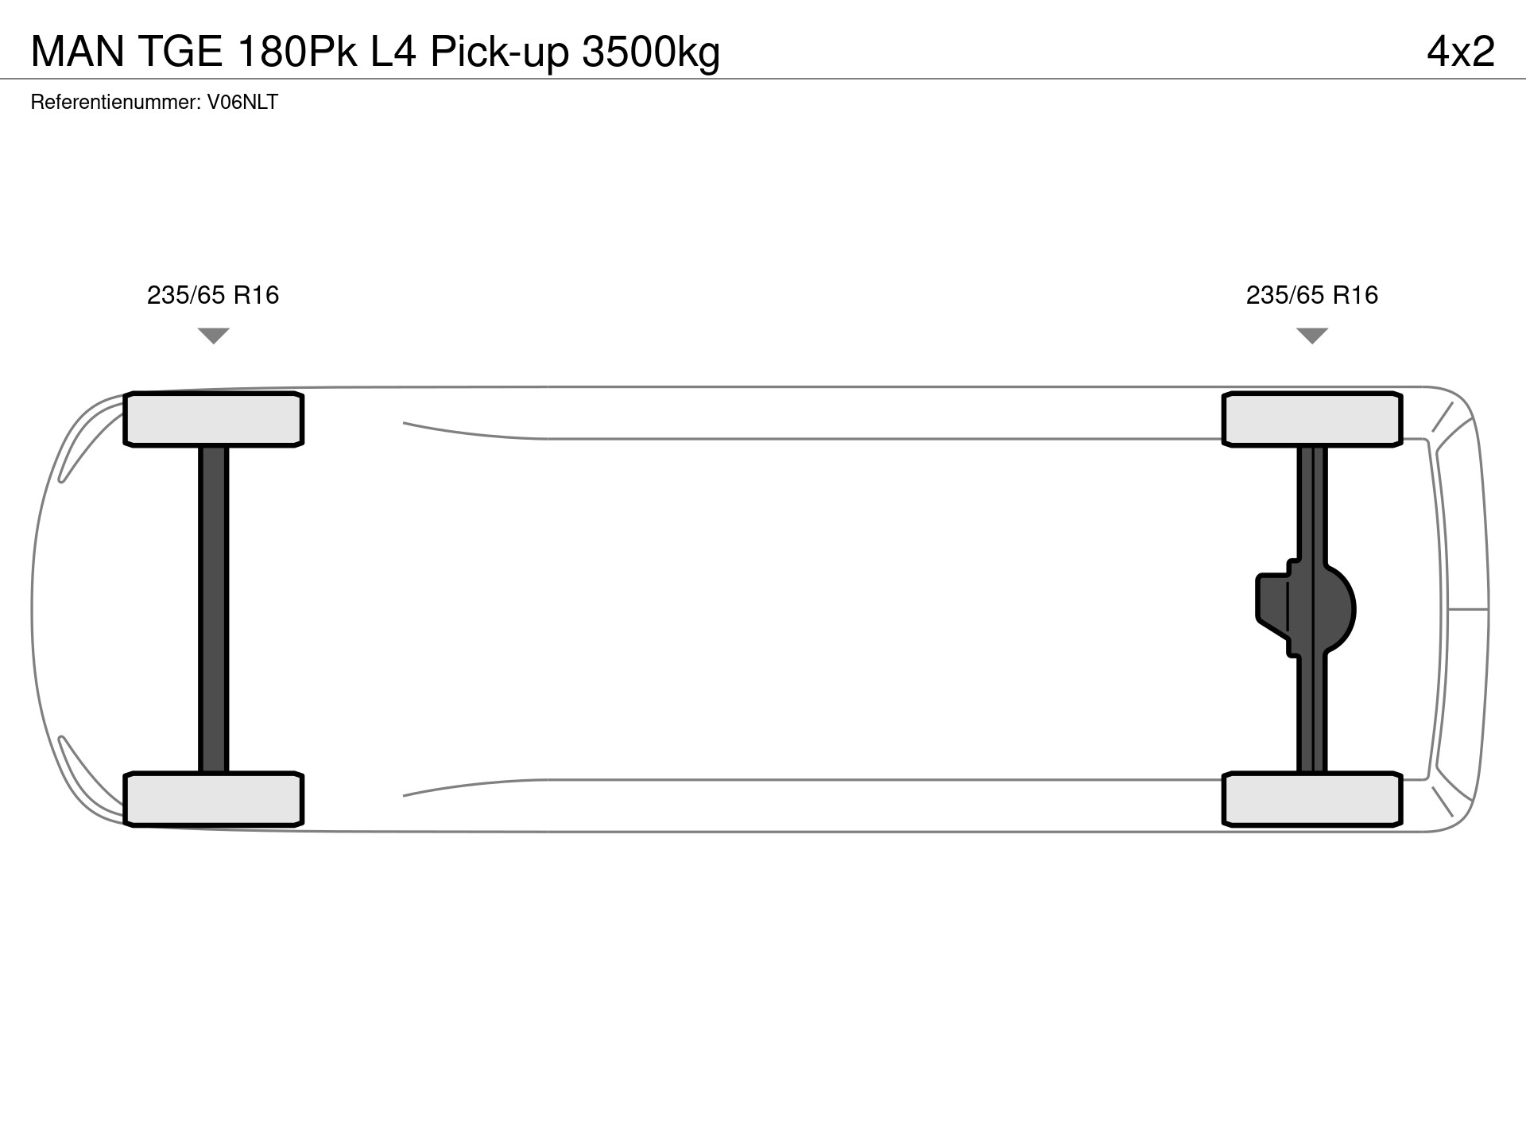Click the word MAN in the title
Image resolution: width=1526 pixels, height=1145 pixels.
tap(78, 52)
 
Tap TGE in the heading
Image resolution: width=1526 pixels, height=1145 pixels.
tap(181, 52)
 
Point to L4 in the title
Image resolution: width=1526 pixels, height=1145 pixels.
tap(393, 52)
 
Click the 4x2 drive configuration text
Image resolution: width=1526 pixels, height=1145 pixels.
tap(1461, 52)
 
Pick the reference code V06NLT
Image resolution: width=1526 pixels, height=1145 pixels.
tap(242, 102)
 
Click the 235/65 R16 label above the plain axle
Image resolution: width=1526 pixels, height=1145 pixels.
tap(213, 295)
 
